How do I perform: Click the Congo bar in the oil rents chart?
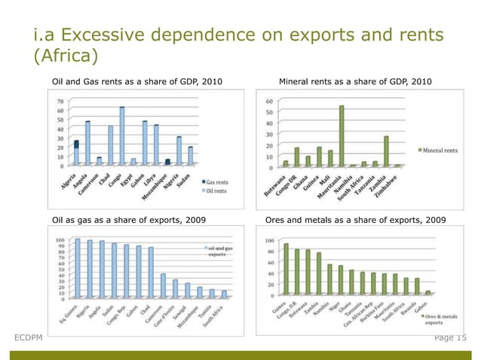pyautogui.click(x=121, y=136)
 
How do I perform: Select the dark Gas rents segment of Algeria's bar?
pyautogui.click(x=76, y=144)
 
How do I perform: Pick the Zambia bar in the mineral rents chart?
pyautogui.click(x=386, y=151)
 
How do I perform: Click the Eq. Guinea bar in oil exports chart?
pyautogui.click(x=77, y=268)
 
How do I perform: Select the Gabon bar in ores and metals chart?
pyautogui.click(x=428, y=292)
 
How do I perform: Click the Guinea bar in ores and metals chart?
pyautogui.click(x=286, y=269)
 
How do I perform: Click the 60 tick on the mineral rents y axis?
pyautogui.click(x=270, y=101)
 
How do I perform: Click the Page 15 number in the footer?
pyautogui.click(x=450, y=337)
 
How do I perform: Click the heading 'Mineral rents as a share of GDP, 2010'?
pyautogui.click(x=351, y=81)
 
